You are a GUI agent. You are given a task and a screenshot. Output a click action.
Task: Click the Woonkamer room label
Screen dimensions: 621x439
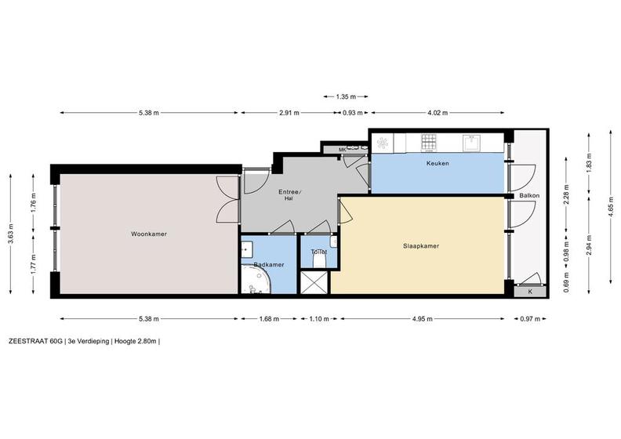coord(149,234)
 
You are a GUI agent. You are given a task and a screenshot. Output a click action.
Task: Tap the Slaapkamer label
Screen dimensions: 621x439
coord(421,246)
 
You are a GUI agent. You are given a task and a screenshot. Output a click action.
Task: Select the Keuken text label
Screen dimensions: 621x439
coord(438,163)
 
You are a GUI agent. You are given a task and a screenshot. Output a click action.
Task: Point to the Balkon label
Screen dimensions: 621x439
coord(529,195)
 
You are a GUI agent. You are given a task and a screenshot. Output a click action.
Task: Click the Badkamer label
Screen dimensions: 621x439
coord(269,264)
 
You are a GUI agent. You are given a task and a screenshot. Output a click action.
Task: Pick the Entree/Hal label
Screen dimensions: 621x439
coord(290,194)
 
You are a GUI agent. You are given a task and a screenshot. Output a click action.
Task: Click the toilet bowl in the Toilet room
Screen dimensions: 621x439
coord(319,260)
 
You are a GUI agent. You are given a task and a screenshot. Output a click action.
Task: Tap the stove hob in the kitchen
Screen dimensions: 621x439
coord(429,142)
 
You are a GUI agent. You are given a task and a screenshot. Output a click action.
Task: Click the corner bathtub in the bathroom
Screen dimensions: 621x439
coord(256,280)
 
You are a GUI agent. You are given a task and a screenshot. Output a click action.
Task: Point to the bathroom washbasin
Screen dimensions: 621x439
coord(247,249)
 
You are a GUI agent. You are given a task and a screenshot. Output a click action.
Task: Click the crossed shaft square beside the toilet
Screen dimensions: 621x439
coord(314,283)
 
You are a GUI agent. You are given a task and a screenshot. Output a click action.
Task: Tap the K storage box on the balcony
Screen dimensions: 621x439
coord(530,292)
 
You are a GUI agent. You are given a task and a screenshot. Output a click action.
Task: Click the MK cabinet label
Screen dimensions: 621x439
coord(343,150)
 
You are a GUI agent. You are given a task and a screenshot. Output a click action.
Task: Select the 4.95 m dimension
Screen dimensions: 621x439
coord(422,318)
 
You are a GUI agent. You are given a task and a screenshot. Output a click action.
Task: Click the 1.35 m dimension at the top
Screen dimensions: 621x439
coord(346,96)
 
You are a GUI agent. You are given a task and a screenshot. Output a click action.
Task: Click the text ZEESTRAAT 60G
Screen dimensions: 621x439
coord(35,342)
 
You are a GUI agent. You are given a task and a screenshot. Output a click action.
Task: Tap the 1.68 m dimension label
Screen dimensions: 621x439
coord(269,318)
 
